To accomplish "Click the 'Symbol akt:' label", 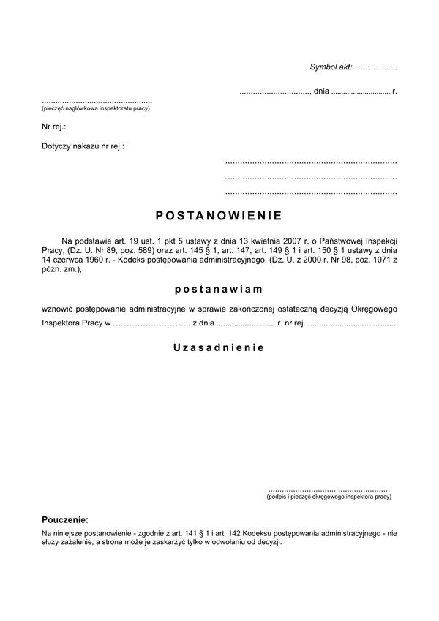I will click(331, 67).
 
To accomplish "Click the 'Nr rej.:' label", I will click(54, 127).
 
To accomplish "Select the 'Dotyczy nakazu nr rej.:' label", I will click(83, 146).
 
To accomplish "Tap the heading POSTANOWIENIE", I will click(219, 217).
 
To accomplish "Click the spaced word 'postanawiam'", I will click(219, 289).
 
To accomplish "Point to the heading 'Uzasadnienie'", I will click(219, 347).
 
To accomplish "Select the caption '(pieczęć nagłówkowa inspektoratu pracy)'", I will click(96, 108).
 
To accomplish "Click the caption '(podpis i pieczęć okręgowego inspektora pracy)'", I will click(329, 497).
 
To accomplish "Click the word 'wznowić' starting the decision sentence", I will click(58, 308).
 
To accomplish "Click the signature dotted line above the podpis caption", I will click(329, 488).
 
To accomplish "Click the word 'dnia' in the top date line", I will click(321, 92).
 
